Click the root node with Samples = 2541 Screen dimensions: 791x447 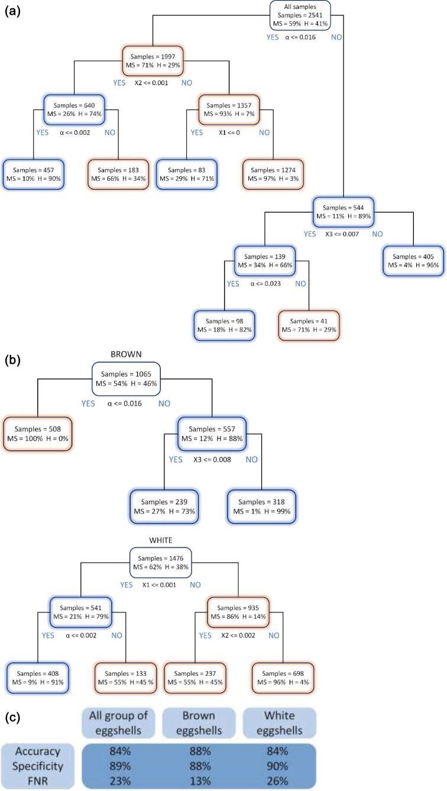tap(300, 15)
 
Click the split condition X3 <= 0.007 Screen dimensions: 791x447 tap(344, 234)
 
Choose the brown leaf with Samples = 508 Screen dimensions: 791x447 tap(37, 435)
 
